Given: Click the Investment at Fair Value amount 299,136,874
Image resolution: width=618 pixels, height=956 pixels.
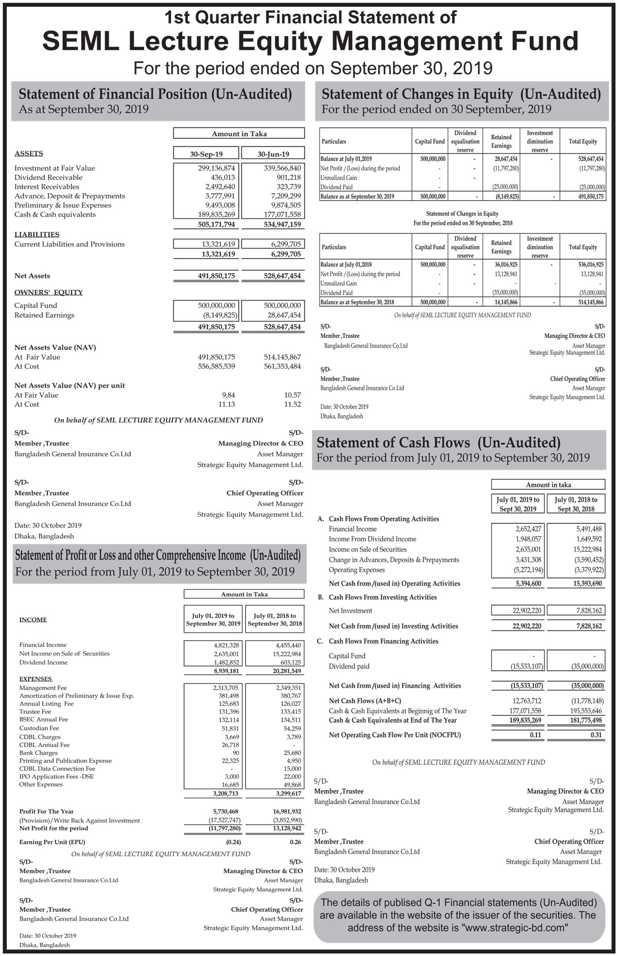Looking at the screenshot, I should point(216,168).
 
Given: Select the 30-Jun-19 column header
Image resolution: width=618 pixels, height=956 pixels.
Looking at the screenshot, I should point(273,154).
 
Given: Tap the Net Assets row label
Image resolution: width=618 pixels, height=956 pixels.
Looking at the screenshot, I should point(32,276).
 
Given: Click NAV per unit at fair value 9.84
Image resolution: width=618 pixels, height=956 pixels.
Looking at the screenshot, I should point(227,395).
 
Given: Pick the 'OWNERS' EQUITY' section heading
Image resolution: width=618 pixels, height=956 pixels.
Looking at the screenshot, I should point(48,293).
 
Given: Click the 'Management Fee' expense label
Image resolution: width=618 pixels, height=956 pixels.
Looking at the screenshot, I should point(43,688).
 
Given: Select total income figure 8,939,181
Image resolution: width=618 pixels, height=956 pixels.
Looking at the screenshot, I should point(226,671).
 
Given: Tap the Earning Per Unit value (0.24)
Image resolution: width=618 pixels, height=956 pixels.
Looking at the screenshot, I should point(233,842).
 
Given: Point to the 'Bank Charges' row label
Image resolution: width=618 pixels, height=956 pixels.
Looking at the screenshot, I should point(38,753).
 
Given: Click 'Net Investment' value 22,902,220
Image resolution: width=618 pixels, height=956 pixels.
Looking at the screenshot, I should point(526,611).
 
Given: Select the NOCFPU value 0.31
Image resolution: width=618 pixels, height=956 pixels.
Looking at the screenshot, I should point(596,735).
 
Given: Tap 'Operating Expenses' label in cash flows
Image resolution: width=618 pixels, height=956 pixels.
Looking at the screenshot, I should point(356,570).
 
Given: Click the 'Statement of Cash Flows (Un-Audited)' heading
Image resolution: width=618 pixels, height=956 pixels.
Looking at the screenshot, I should point(438,443).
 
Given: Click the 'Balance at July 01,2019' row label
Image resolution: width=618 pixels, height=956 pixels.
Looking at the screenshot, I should point(346,159).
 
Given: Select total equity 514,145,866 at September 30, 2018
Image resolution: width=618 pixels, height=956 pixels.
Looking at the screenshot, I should point(591,302).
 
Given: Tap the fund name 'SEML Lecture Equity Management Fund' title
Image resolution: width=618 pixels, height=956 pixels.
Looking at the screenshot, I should point(310,42).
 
